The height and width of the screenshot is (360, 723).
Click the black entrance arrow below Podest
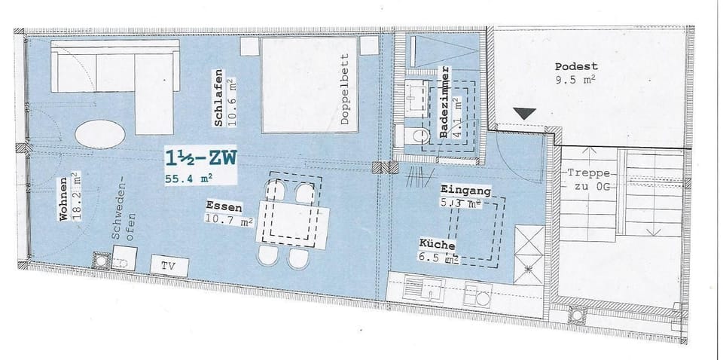pos(525,113)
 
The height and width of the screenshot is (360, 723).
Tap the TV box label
pos(169,266)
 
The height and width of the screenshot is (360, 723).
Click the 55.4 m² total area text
pos(192,178)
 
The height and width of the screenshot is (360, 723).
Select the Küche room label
pos(437,244)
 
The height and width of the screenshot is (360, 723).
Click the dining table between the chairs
pos(291,219)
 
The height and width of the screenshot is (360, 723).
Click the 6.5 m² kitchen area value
pos(441,260)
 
